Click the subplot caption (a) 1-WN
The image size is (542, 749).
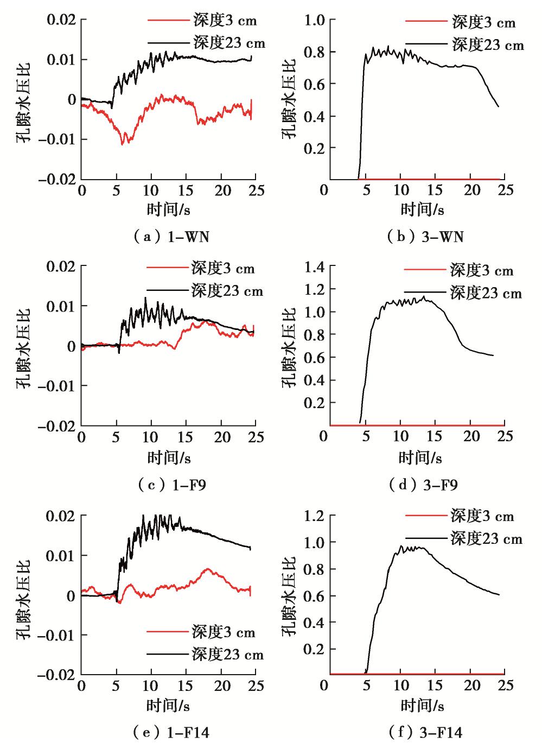170,237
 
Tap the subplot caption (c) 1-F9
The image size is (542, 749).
170,485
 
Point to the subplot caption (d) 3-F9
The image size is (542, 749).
423,485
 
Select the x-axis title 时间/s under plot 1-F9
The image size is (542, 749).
169,458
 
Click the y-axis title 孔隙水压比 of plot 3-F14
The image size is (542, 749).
289,595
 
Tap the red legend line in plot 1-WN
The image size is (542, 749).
166,22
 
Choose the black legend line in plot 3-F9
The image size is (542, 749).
424,294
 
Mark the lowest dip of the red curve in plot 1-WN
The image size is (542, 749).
123,144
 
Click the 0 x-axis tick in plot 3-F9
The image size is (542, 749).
324,437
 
